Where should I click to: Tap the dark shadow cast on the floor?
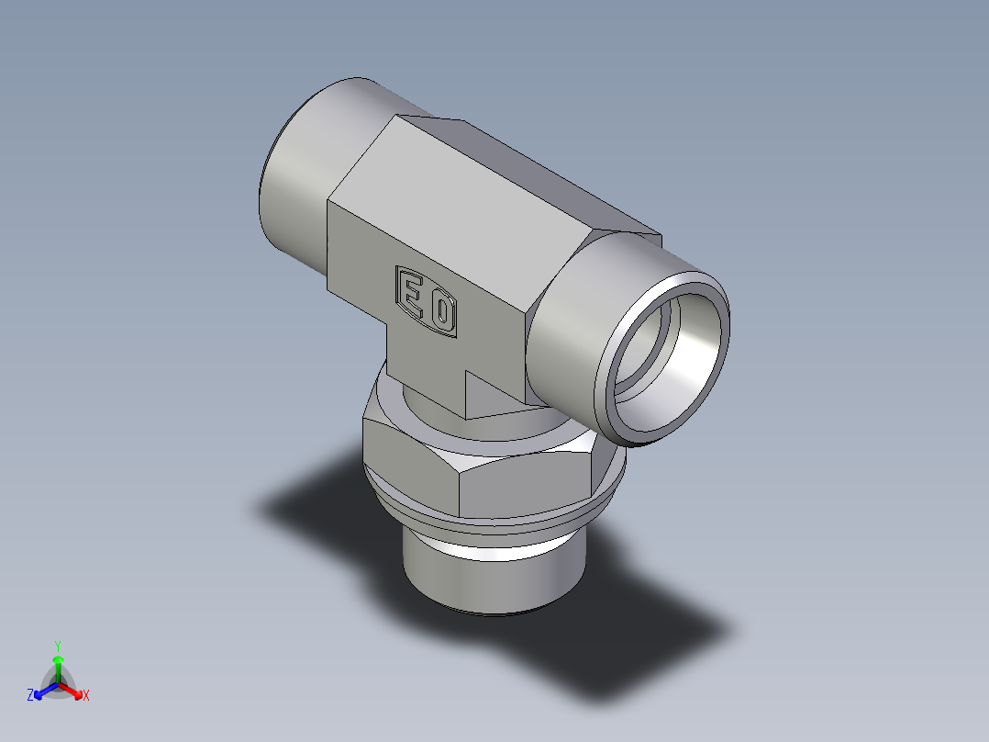(x=642, y=634)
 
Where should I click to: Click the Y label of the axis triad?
(x=57, y=645)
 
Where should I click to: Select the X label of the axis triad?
(x=86, y=696)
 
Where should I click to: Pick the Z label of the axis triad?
(x=30, y=696)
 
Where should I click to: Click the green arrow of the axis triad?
(x=57, y=663)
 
